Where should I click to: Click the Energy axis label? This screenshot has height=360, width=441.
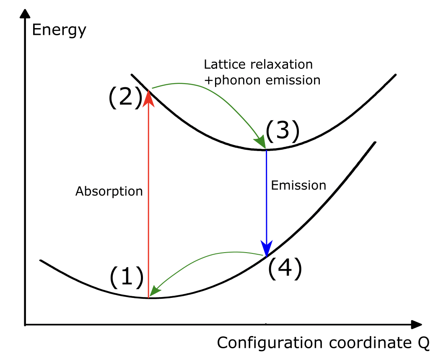(59, 30)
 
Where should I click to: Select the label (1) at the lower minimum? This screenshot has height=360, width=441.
(126, 278)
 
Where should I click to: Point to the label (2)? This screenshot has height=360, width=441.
(125, 98)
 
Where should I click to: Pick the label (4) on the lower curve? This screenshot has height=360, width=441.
(285, 269)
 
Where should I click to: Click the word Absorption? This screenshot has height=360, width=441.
(109, 191)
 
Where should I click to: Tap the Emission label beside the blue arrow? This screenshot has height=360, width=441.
(298, 185)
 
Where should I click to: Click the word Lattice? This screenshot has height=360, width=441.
(221, 65)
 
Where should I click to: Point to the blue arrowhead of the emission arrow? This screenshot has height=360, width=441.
(266, 248)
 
